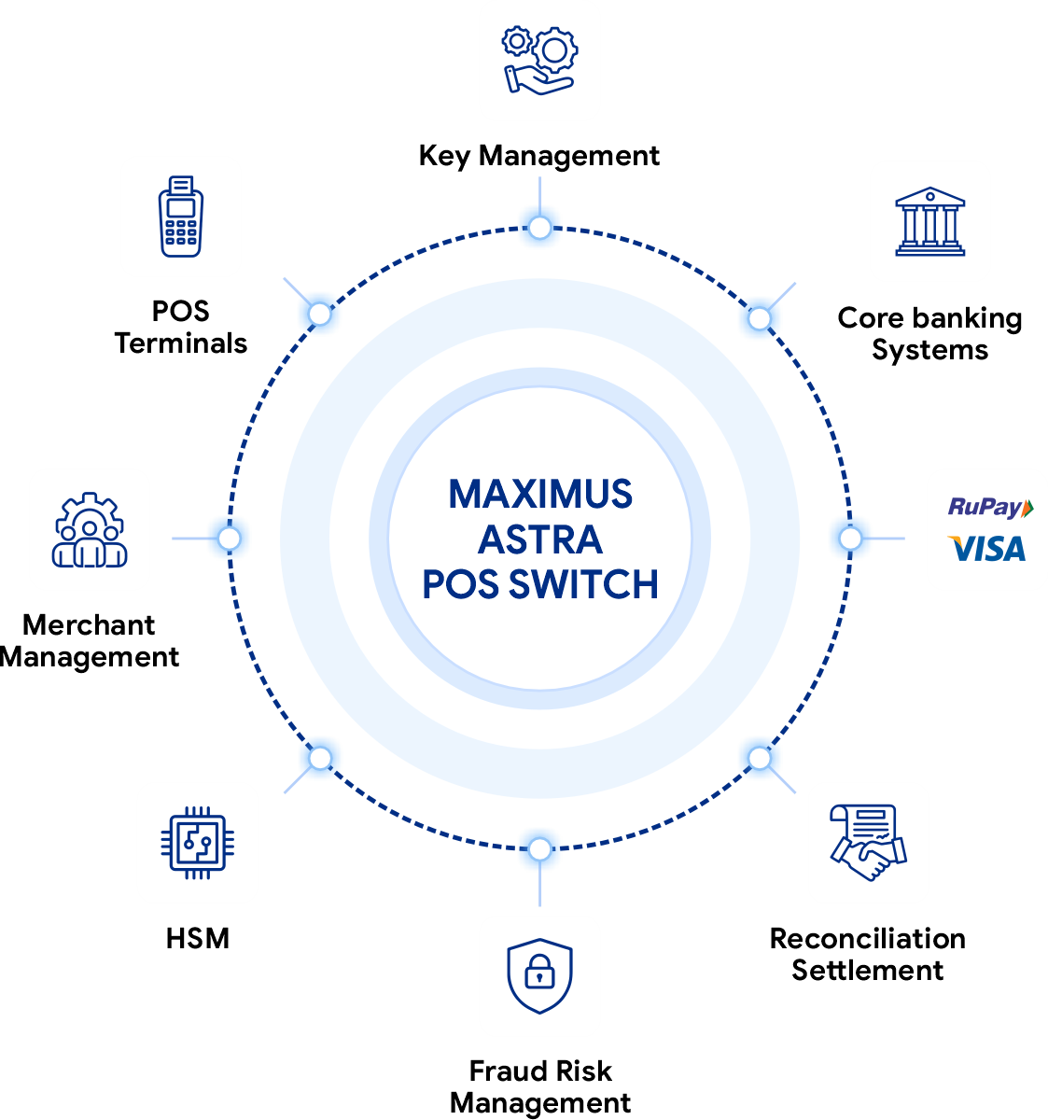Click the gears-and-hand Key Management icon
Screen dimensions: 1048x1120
(x=539, y=61)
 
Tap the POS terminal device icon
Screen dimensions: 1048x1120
(x=180, y=217)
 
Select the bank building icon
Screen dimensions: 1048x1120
(x=929, y=221)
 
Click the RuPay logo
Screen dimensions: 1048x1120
(x=990, y=507)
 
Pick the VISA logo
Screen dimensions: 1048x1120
(x=986, y=549)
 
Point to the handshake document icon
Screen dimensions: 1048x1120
(x=868, y=843)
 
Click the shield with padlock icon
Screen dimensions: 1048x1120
(x=539, y=976)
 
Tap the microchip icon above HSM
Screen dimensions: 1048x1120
(x=198, y=843)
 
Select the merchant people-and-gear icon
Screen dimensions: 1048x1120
(x=90, y=529)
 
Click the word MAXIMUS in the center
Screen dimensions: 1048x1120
(x=539, y=494)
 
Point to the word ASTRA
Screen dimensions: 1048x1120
(x=539, y=539)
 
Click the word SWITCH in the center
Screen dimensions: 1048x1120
(x=583, y=584)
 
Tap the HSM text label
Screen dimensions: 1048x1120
(x=198, y=939)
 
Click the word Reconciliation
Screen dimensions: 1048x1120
(x=868, y=939)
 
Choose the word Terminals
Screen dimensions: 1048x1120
(x=180, y=343)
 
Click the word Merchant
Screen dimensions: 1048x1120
(x=89, y=624)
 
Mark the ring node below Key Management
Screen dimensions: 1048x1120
(x=539, y=228)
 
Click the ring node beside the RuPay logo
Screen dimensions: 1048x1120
(x=850, y=539)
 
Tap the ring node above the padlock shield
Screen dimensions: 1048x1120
(x=539, y=848)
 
